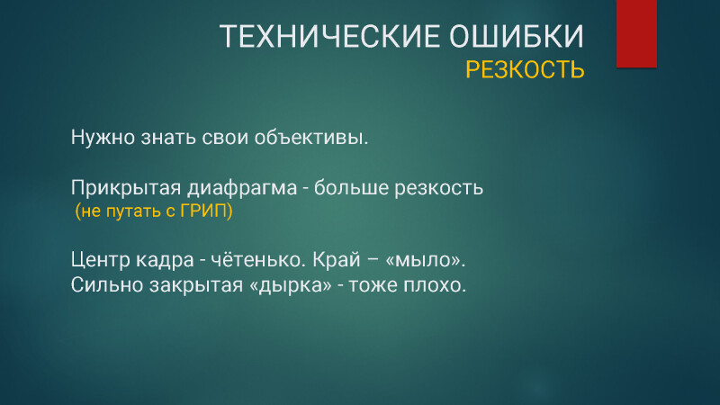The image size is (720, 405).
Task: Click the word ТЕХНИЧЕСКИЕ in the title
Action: point(329,36)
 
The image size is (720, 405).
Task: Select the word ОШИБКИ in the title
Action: point(517,36)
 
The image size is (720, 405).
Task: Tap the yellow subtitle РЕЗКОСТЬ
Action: point(525,70)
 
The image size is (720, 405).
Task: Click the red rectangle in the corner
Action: point(636,33)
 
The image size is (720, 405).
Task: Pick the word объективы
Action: point(311,138)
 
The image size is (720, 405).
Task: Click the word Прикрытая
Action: point(126,188)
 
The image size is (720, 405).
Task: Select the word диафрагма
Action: point(242,188)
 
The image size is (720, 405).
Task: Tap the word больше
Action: point(349,187)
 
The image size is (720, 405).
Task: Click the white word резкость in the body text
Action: point(439,188)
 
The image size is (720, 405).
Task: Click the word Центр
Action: point(101,260)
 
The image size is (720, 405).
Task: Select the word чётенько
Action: point(258,259)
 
